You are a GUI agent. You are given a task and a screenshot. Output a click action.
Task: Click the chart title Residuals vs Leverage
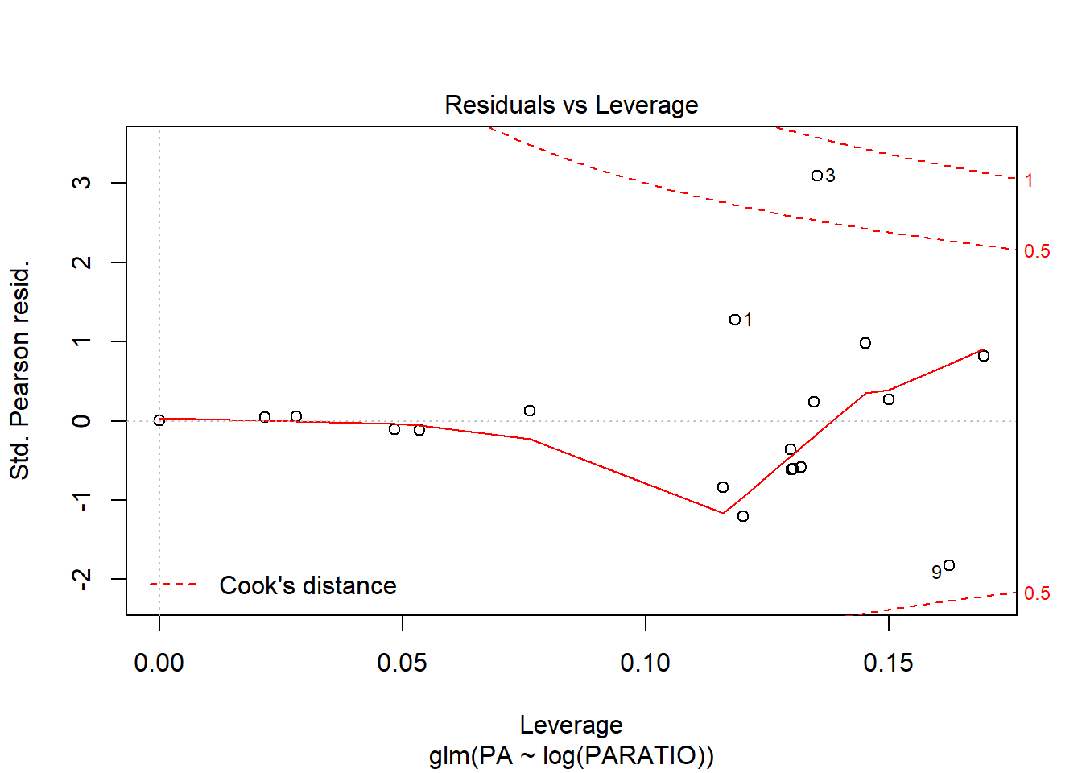click(x=571, y=105)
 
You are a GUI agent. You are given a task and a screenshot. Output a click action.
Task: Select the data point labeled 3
click(x=816, y=176)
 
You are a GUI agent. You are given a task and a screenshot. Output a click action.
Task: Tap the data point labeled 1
click(x=734, y=320)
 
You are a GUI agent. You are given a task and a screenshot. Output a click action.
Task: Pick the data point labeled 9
click(x=948, y=565)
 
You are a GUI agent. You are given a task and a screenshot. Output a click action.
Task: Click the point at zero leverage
click(x=159, y=420)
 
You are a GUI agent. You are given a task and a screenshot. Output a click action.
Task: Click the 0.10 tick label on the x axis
click(x=645, y=663)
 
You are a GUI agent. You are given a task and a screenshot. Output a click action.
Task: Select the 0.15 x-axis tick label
click(x=888, y=663)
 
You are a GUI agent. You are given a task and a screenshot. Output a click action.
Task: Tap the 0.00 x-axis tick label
click(x=159, y=663)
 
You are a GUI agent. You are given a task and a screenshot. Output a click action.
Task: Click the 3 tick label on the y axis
click(x=81, y=183)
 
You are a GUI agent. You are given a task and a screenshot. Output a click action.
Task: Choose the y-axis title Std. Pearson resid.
click(x=19, y=370)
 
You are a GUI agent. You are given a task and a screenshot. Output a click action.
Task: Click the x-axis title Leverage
click(x=571, y=725)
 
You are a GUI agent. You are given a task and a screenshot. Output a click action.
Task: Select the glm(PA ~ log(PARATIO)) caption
click(x=571, y=755)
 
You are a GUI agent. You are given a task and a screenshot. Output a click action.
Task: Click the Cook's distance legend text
click(x=308, y=585)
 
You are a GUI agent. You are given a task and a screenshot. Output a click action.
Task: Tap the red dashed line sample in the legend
click(x=173, y=585)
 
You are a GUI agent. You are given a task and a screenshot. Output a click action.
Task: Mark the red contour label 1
click(x=1029, y=180)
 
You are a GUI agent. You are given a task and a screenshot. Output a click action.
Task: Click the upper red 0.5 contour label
click(x=1037, y=251)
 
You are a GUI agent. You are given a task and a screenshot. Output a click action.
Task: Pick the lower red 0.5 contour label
click(x=1037, y=593)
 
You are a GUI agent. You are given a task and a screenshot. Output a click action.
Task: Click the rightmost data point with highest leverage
click(x=983, y=356)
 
